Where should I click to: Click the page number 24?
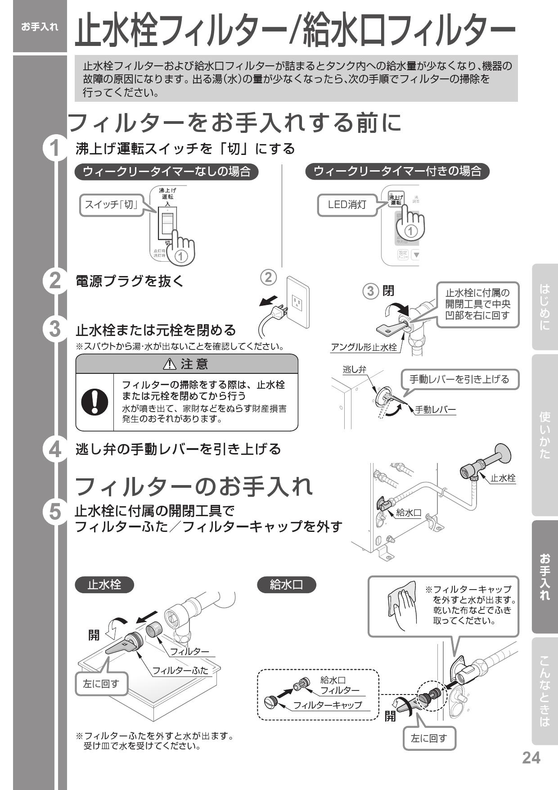point(531,758)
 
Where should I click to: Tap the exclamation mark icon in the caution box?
point(94,401)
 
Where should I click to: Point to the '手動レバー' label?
point(435,409)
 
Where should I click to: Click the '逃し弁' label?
point(354,370)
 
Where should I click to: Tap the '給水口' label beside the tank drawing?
point(408,513)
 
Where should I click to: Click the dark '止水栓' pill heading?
point(104,585)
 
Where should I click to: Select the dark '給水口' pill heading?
point(287,585)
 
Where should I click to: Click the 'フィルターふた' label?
point(180,670)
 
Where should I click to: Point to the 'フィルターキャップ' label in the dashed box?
point(327,705)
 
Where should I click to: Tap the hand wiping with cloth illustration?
point(402,606)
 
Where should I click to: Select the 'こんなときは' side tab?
point(544,691)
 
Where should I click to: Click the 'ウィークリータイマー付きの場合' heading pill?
point(397,171)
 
